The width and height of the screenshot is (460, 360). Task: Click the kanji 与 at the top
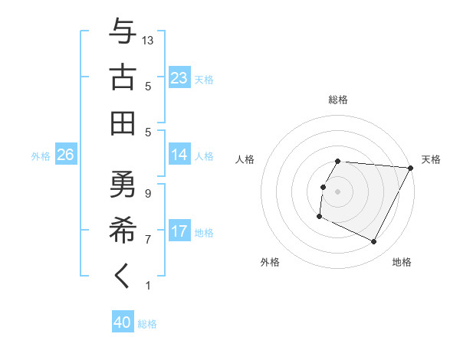pyautogui.click(x=123, y=31)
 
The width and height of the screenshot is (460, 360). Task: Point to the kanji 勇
pyautogui.click(x=123, y=185)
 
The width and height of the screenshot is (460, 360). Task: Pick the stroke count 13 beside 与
pyautogui.click(x=149, y=40)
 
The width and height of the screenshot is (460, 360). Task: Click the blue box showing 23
pyautogui.click(x=179, y=77)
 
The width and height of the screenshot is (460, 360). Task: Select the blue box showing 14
pyautogui.click(x=179, y=155)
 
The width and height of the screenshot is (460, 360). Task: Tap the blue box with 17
pyautogui.click(x=179, y=231)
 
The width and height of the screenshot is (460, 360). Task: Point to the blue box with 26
pyautogui.click(x=65, y=155)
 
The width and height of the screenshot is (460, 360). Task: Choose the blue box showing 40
pyautogui.click(x=123, y=322)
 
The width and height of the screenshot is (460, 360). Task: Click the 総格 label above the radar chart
pyautogui.click(x=338, y=100)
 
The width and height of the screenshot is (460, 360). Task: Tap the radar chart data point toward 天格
pyautogui.click(x=410, y=167)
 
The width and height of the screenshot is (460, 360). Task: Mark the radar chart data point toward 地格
pyautogui.click(x=374, y=242)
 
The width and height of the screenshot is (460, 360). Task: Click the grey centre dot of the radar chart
pyautogui.click(x=337, y=191)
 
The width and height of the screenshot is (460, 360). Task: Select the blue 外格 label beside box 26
pyautogui.click(x=41, y=155)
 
